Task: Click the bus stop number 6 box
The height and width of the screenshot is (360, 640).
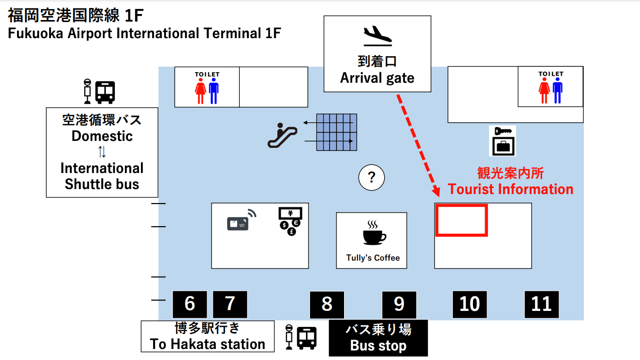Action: (190, 304)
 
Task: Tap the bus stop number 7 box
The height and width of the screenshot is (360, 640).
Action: (230, 304)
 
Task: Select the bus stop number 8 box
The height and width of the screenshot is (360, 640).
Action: (327, 304)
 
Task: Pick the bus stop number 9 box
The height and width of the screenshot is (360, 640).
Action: (399, 304)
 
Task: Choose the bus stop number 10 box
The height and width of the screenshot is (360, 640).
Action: (470, 304)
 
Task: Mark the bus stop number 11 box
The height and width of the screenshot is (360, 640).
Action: (542, 304)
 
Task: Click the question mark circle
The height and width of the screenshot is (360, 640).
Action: (372, 177)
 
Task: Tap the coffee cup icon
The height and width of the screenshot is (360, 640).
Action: (374, 233)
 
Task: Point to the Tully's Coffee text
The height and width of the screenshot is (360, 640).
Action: (373, 258)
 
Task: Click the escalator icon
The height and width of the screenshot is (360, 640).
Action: (282, 136)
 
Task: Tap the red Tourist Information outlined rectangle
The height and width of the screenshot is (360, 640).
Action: (461, 220)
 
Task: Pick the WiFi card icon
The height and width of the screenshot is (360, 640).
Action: (241, 221)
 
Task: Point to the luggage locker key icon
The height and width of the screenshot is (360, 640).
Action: (503, 141)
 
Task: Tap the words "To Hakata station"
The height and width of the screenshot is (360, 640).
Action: (208, 344)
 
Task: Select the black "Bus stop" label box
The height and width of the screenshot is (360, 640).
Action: (378, 338)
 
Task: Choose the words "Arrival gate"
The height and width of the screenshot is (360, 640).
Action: (377, 78)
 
